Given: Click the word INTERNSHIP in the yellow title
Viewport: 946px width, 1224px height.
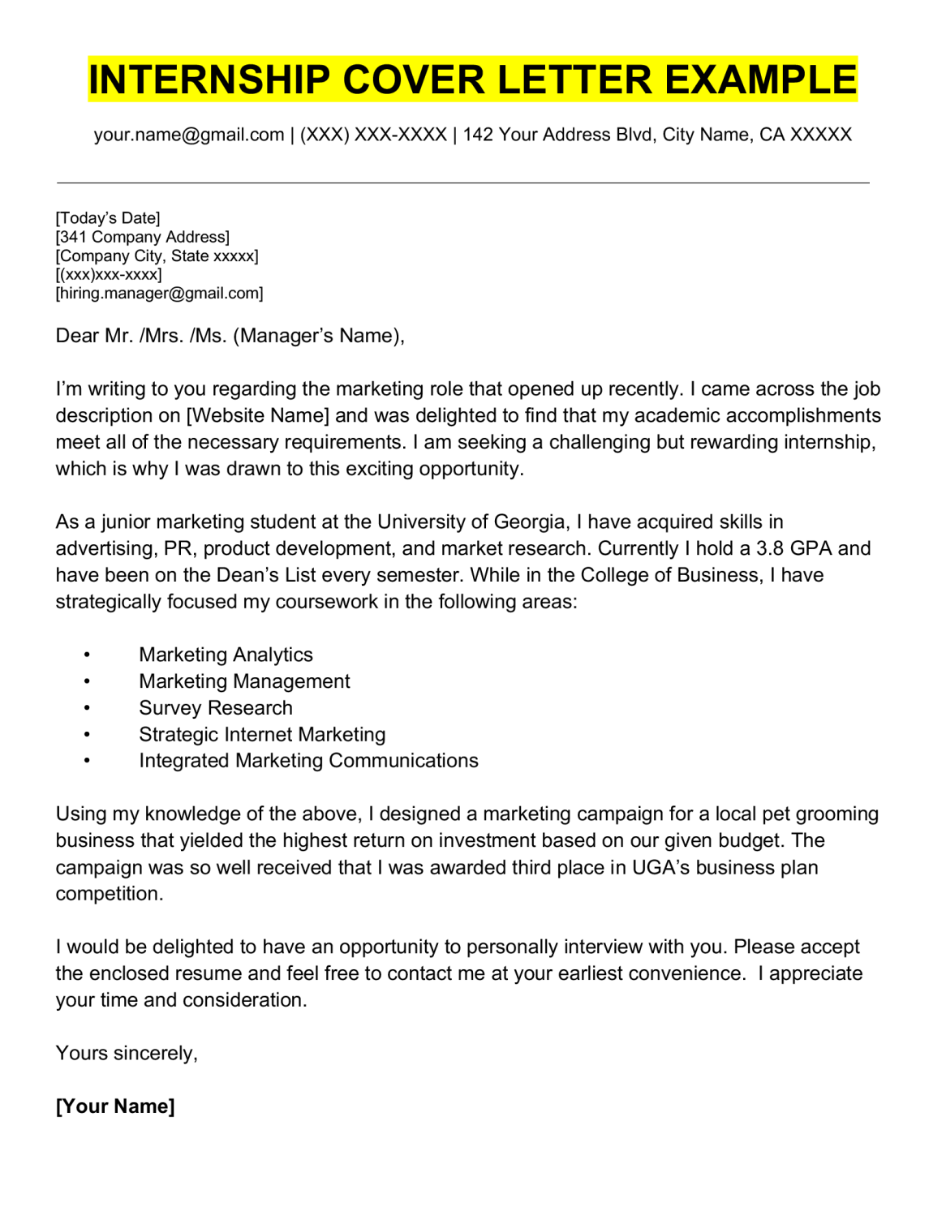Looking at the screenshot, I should tap(209, 80).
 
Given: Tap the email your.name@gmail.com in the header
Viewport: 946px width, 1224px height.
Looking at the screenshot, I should tap(189, 135).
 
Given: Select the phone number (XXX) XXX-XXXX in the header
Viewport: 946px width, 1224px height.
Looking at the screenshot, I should tap(373, 135).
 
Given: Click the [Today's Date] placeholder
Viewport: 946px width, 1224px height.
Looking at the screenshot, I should tap(108, 218).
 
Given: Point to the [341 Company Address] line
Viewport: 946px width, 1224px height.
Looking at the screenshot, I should tap(143, 237).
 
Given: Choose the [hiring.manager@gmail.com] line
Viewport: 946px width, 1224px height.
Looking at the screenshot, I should tap(160, 293).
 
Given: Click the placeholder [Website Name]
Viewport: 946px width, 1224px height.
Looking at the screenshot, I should tap(258, 415).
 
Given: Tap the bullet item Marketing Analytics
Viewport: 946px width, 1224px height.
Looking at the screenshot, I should tap(226, 655).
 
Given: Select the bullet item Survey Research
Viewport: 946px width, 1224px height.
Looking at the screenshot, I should tap(216, 708).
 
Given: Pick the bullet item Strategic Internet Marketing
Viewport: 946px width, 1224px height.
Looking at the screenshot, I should tap(262, 735).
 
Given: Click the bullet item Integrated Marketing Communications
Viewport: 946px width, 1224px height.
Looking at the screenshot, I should tap(308, 761).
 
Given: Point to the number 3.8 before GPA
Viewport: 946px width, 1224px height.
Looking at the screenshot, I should tap(770, 548).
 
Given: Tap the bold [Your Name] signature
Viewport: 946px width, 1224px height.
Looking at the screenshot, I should tap(115, 1106).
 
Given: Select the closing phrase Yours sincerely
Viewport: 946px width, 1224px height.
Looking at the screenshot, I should tap(127, 1053).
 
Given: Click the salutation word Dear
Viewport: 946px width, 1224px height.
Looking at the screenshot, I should tap(77, 336).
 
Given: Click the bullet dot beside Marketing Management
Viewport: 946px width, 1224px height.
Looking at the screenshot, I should tap(87, 682).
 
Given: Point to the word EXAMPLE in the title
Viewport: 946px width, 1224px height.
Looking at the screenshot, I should tap(761, 80).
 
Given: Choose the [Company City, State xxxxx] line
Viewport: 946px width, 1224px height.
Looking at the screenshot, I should tap(157, 256).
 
